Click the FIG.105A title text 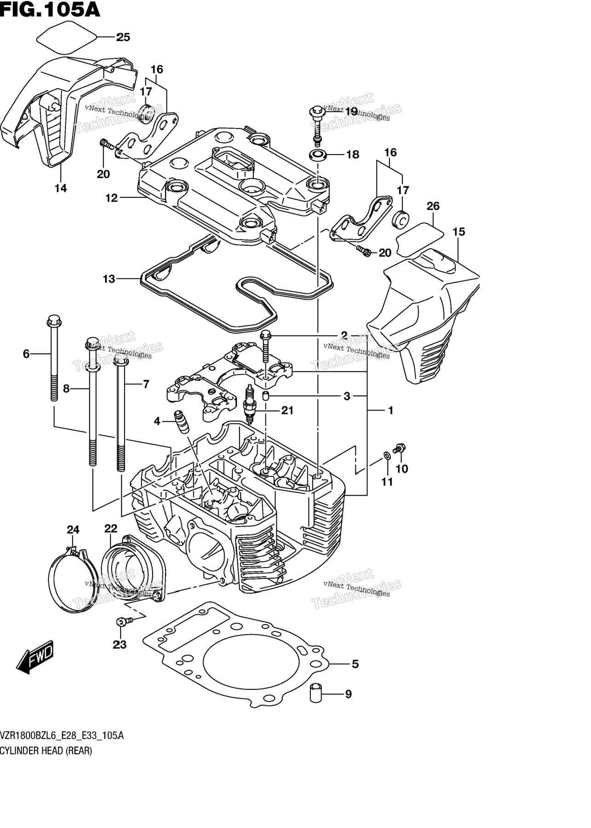pyautogui.click(x=50, y=9)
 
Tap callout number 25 pyautogui.click(x=123, y=37)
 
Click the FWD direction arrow pyautogui.click(x=35, y=655)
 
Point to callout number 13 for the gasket pyautogui.click(x=109, y=279)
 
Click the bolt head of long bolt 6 pyautogui.click(x=54, y=320)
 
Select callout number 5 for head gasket pyautogui.click(x=355, y=664)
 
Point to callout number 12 pyautogui.click(x=111, y=198)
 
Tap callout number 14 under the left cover pyautogui.click(x=61, y=188)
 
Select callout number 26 pyautogui.click(x=433, y=206)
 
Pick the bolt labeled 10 pyautogui.click(x=399, y=447)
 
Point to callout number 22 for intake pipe pyautogui.click(x=110, y=529)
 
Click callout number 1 pyautogui.click(x=390, y=410)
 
